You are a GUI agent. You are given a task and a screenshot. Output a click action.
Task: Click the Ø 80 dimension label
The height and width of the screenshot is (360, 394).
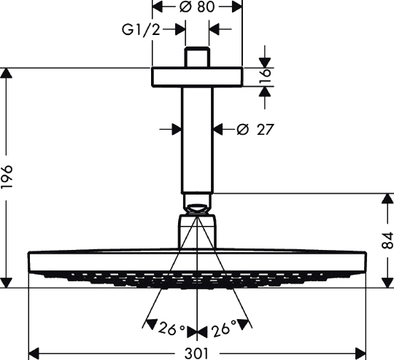click(x=197, y=7)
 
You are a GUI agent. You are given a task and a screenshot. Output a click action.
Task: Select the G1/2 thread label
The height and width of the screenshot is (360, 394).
click(x=141, y=30)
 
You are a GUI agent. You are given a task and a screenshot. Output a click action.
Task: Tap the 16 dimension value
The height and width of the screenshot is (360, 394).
click(x=266, y=77)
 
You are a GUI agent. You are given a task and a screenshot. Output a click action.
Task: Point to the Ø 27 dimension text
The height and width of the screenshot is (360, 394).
click(x=255, y=130)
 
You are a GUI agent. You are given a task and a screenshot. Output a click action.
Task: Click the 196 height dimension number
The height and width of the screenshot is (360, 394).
click(x=7, y=177)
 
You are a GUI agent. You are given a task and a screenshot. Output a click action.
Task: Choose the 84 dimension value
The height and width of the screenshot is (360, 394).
click(x=387, y=240)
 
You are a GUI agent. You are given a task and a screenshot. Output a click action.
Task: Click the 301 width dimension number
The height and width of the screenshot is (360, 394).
click(x=197, y=353)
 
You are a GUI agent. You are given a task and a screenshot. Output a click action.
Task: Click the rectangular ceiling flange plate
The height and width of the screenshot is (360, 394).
click(x=197, y=77)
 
